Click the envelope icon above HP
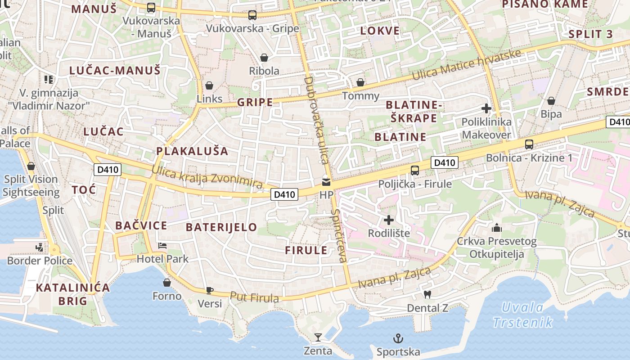(326, 183)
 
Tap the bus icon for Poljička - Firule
(414, 171)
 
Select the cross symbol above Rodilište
(389, 220)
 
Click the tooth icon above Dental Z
(427, 295)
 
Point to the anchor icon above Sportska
(398, 338)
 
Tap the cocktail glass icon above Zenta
(318, 337)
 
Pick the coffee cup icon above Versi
(209, 290)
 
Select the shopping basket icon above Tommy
(360, 82)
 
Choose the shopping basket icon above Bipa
(551, 101)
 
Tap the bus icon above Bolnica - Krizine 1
(529, 144)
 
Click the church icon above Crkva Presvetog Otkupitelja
(497, 228)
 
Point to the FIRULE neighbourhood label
(306, 251)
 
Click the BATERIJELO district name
(221, 227)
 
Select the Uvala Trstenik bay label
(522, 315)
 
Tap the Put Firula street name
(254, 297)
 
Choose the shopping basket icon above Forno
(167, 283)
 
